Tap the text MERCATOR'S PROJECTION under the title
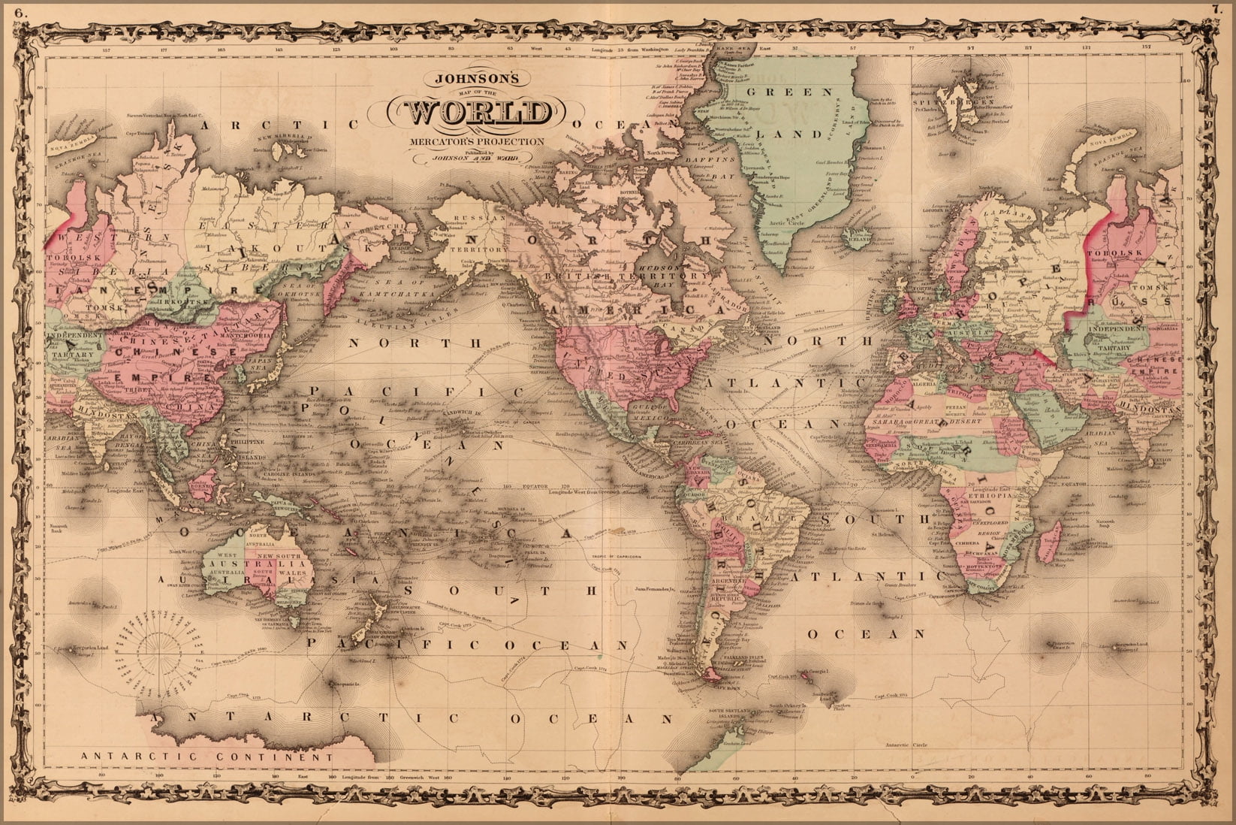click(477, 141)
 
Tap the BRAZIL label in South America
click(770, 518)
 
